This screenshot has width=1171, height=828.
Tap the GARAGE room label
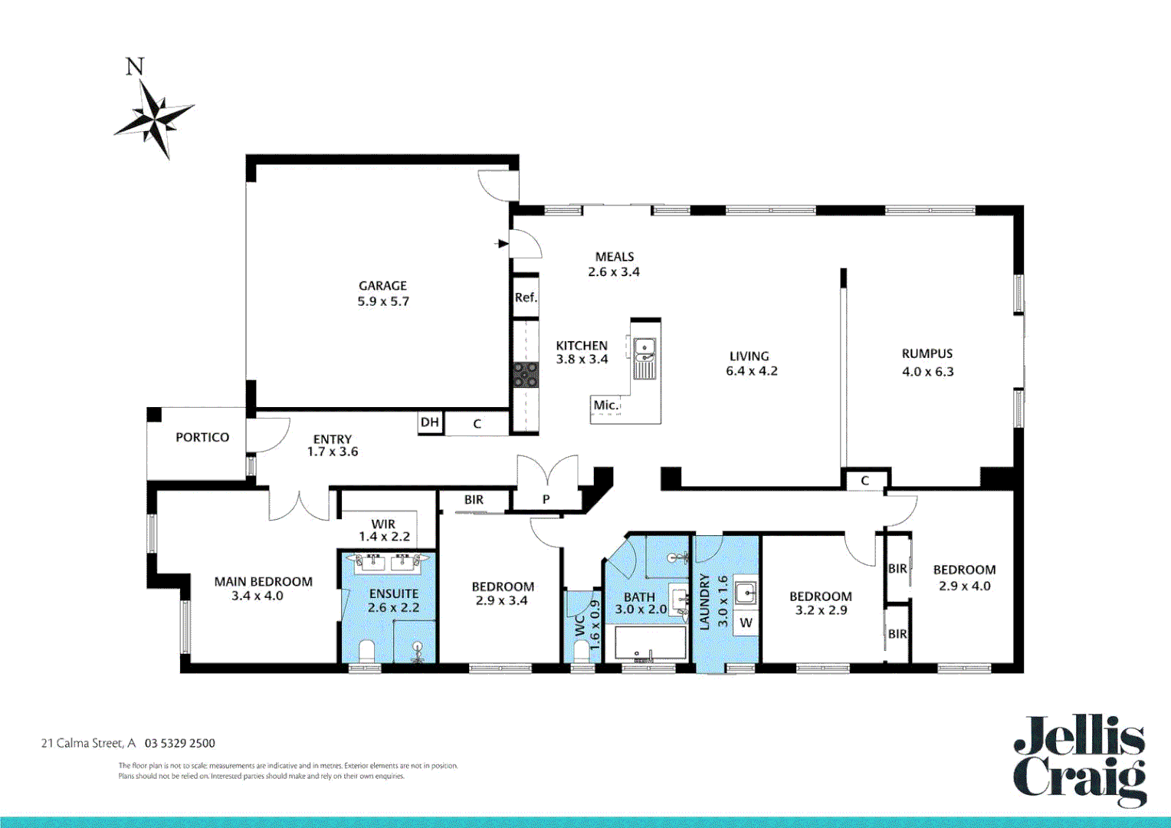tap(382, 285)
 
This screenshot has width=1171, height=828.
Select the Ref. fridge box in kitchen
tap(526, 297)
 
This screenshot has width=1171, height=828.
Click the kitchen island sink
tap(645, 350)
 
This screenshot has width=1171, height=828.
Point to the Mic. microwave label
tap(605, 405)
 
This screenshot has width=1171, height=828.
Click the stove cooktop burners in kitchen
tap(526, 375)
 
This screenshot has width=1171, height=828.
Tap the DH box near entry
tap(430, 422)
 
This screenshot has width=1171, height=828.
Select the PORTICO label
tap(202, 437)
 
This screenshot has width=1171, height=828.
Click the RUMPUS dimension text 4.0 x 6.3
tap(927, 372)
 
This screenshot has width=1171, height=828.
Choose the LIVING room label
tap(749, 356)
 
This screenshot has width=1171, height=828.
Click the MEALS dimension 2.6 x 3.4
tap(614, 271)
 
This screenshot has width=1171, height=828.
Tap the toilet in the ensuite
tap(366, 652)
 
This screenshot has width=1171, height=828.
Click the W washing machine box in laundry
tap(746, 623)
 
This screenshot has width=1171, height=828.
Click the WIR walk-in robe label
tap(383, 524)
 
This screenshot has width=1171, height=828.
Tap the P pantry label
tap(546, 499)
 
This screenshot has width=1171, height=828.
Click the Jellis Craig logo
tap(1080, 760)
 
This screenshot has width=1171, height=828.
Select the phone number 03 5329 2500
tap(180, 743)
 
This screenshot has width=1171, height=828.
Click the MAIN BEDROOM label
tap(263, 582)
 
